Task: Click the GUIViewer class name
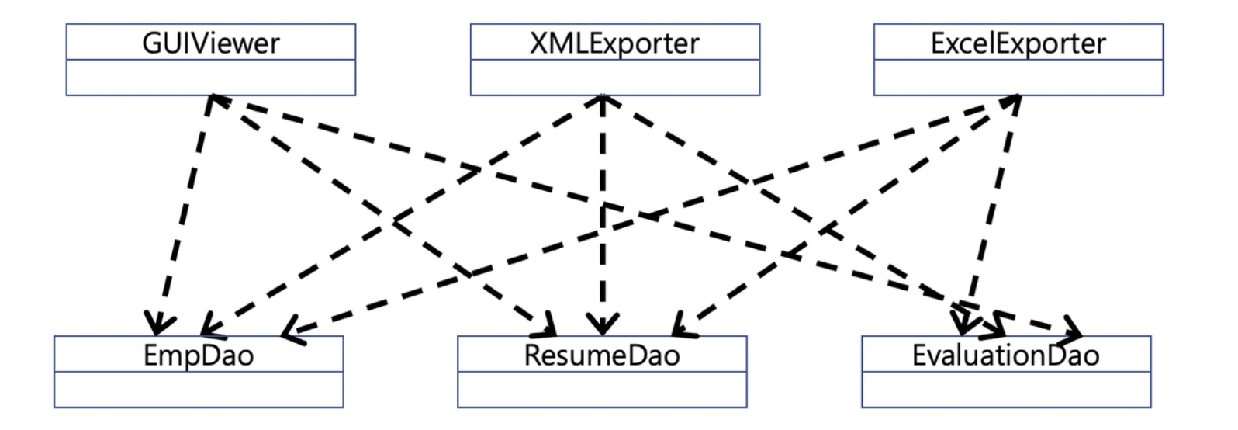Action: click(210, 43)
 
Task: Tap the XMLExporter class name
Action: click(614, 43)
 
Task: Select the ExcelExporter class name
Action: click(1018, 43)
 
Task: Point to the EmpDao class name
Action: click(199, 355)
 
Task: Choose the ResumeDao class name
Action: click(602, 355)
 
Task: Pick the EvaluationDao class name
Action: click(1005, 355)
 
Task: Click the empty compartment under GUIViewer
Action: click(210, 78)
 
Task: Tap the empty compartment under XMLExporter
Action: click(614, 78)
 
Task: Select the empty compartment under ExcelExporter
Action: click(1018, 78)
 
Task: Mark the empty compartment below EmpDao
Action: click(199, 390)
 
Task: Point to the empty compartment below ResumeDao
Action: click(602, 390)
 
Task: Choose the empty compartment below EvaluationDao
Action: click(1005, 390)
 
